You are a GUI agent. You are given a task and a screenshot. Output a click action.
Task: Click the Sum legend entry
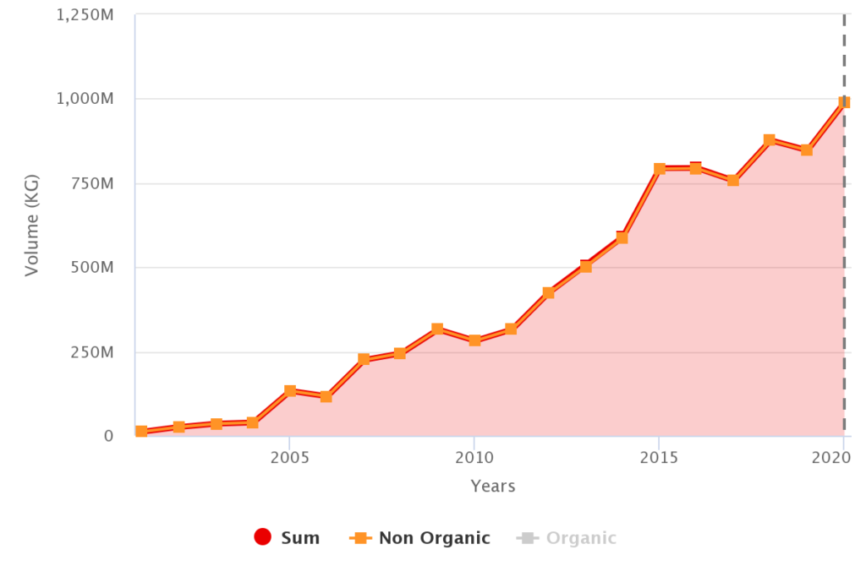point(288,538)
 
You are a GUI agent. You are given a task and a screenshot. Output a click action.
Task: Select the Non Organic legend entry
point(419,538)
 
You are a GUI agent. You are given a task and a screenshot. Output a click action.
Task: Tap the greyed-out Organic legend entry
point(567,538)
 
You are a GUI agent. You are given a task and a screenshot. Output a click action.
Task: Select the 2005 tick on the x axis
point(289,457)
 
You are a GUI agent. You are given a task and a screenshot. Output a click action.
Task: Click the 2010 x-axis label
point(474,457)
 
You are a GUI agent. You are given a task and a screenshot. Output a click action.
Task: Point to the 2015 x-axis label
point(659,457)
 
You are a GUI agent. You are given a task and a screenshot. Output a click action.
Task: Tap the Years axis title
point(492,486)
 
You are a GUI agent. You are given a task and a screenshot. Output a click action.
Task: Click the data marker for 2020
point(843,102)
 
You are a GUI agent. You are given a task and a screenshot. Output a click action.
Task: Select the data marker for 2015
point(659,169)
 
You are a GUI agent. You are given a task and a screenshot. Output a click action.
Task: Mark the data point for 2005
point(289,391)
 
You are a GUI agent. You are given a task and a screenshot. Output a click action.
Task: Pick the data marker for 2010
point(474,340)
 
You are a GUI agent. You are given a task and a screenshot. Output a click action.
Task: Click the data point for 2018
point(770,140)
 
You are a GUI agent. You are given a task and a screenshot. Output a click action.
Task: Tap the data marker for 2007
point(364,359)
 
